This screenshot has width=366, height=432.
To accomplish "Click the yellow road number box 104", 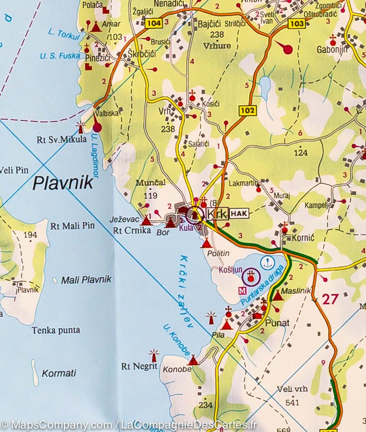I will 154,24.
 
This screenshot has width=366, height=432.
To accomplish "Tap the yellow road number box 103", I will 296,24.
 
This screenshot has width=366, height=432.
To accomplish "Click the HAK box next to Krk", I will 239,213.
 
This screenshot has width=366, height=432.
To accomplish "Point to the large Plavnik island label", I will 63,183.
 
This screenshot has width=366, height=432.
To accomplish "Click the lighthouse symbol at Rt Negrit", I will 155,355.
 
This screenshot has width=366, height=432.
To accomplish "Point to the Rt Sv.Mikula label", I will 62,139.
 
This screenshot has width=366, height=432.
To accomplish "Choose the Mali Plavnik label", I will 86,280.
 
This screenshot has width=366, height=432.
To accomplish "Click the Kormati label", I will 59,373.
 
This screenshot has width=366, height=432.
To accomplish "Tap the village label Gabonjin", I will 332,50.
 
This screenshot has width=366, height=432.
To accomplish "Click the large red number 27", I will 330,299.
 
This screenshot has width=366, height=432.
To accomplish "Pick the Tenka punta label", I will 56,330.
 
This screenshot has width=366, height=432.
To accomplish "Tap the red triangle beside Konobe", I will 193,360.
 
